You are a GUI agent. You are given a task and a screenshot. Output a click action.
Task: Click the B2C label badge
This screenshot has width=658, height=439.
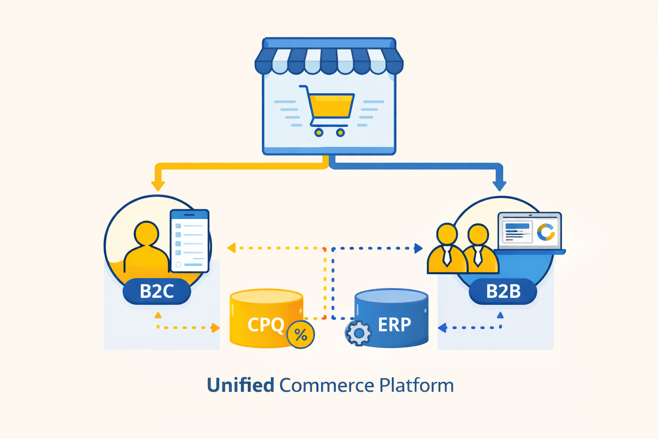tap(157, 292)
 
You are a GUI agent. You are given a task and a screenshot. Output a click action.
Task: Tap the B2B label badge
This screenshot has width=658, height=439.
tap(503, 292)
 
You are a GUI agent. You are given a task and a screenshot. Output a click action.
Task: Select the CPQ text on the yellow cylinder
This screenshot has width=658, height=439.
tap(266, 325)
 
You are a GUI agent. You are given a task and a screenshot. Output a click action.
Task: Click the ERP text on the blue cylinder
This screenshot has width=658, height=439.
tap(394, 325)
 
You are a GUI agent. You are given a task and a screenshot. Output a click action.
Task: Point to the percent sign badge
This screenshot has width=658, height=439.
tap(301, 335)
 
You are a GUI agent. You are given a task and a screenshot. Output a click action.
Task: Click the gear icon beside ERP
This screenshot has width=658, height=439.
tap(359, 333)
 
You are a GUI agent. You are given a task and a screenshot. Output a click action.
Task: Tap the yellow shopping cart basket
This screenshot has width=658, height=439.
tap(331, 105)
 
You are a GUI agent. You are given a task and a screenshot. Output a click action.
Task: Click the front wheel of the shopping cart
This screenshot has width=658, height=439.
tap(340, 132)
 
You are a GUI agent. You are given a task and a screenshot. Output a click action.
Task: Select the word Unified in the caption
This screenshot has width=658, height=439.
tap(240, 385)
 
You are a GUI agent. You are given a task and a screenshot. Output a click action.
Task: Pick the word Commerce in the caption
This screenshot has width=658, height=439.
tap(326, 385)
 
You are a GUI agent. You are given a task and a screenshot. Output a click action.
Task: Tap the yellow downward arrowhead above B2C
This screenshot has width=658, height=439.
tap(158, 186)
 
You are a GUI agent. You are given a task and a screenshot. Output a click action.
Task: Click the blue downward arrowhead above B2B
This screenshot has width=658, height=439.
tap(499, 186)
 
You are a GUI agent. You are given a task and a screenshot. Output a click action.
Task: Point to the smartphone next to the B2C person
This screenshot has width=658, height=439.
tap(189, 241)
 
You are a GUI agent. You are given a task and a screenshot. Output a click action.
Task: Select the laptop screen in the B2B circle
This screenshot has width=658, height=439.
tap(529, 231)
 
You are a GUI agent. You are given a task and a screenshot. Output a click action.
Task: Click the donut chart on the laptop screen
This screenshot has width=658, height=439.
tap(546, 232)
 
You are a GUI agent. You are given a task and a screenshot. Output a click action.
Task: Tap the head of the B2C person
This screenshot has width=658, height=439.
tap(147, 234)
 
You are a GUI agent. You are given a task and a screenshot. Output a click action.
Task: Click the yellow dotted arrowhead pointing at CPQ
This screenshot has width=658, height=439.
tap(215, 328)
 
